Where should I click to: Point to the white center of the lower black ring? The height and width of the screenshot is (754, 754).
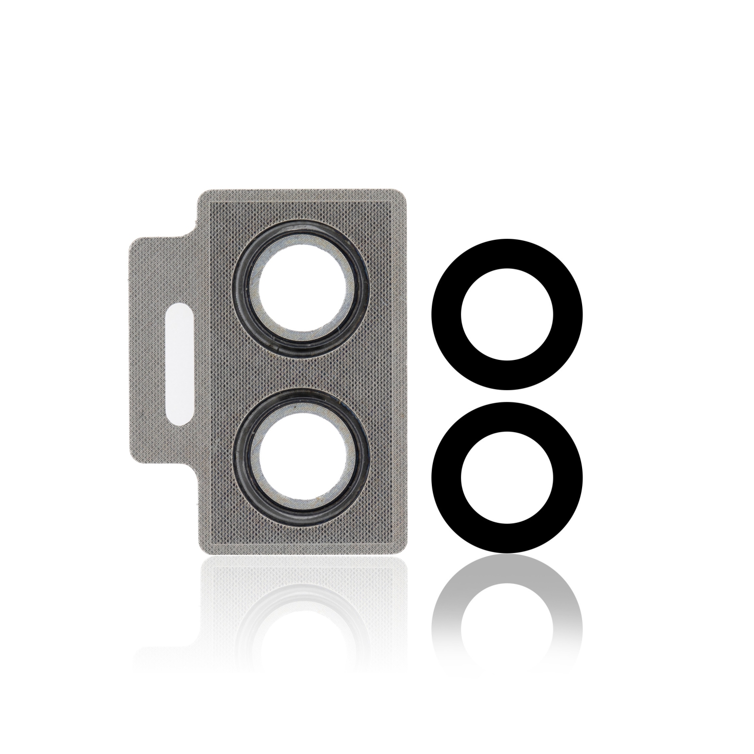507,478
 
